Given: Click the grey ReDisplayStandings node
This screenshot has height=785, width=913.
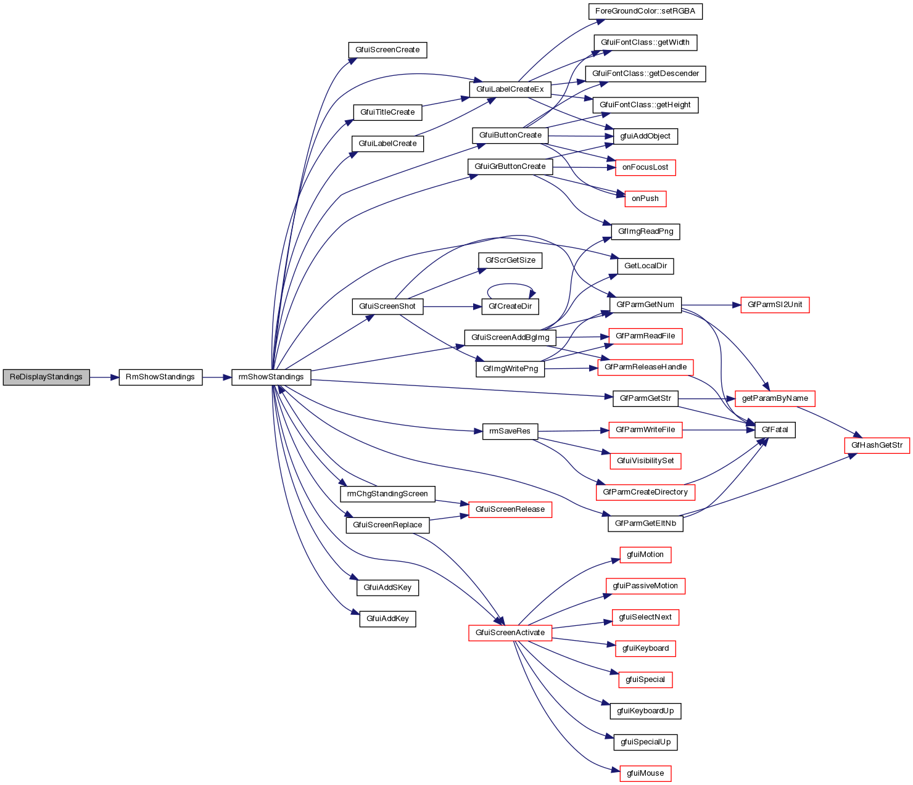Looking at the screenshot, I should pyautogui.click(x=46, y=377).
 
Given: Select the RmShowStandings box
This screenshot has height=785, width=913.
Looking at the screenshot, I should pyautogui.click(x=160, y=377).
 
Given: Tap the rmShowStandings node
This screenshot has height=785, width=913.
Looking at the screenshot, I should pyautogui.click(x=271, y=377).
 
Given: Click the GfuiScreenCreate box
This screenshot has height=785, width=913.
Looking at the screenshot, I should pyautogui.click(x=387, y=50).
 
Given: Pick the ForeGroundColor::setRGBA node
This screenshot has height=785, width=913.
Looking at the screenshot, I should pyautogui.click(x=645, y=11).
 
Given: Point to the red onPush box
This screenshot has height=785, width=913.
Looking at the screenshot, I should pyautogui.click(x=645, y=199).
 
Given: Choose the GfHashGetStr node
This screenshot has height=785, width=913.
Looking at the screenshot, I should pyautogui.click(x=877, y=445).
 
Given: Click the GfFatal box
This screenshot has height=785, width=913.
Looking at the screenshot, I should pyautogui.click(x=775, y=430).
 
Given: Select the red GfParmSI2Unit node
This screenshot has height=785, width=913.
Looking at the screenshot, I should pyautogui.click(x=775, y=305).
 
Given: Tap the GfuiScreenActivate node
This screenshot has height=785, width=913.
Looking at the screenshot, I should pyautogui.click(x=510, y=633).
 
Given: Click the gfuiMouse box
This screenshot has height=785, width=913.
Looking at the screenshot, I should pyautogui.click(x=645, y=773).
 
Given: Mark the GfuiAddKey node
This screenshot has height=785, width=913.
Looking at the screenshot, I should pyautogui.click(x=387, y=619).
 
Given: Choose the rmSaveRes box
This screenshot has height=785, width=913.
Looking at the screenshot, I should pyautogui.click(x=510, y=431).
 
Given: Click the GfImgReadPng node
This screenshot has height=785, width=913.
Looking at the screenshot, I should pyautogui.click(x=645, y=232).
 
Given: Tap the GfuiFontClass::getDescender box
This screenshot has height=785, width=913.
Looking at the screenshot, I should pyautogui.click(x=645, y=73).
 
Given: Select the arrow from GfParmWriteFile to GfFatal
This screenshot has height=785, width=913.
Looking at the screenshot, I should pyautogui.click(x=719, y=430).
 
